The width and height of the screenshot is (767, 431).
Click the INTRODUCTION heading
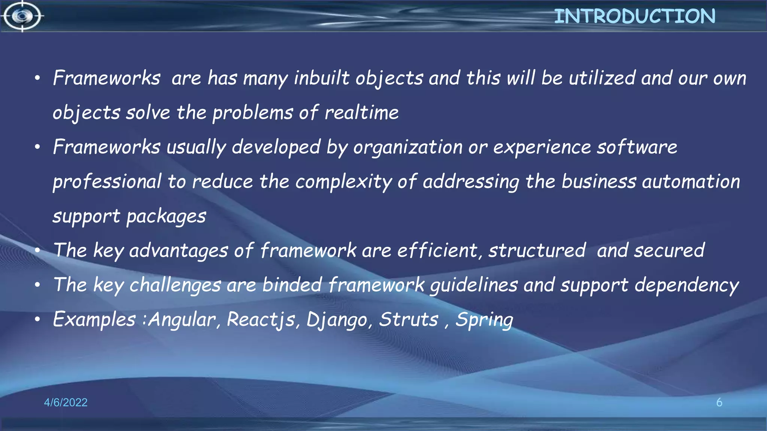634,16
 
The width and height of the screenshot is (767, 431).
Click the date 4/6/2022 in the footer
66,403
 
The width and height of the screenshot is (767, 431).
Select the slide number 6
719,403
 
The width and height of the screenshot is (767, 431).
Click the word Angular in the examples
182,320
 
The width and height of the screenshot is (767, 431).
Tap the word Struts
409,320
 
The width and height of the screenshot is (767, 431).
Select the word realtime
361,113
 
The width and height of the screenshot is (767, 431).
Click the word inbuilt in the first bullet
322,78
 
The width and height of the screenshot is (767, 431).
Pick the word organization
408,147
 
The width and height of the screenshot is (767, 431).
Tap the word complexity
343,182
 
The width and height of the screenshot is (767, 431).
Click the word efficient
437,251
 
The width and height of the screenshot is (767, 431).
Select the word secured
669,251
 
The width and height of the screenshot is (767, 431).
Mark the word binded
292,285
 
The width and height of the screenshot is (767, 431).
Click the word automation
691,182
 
